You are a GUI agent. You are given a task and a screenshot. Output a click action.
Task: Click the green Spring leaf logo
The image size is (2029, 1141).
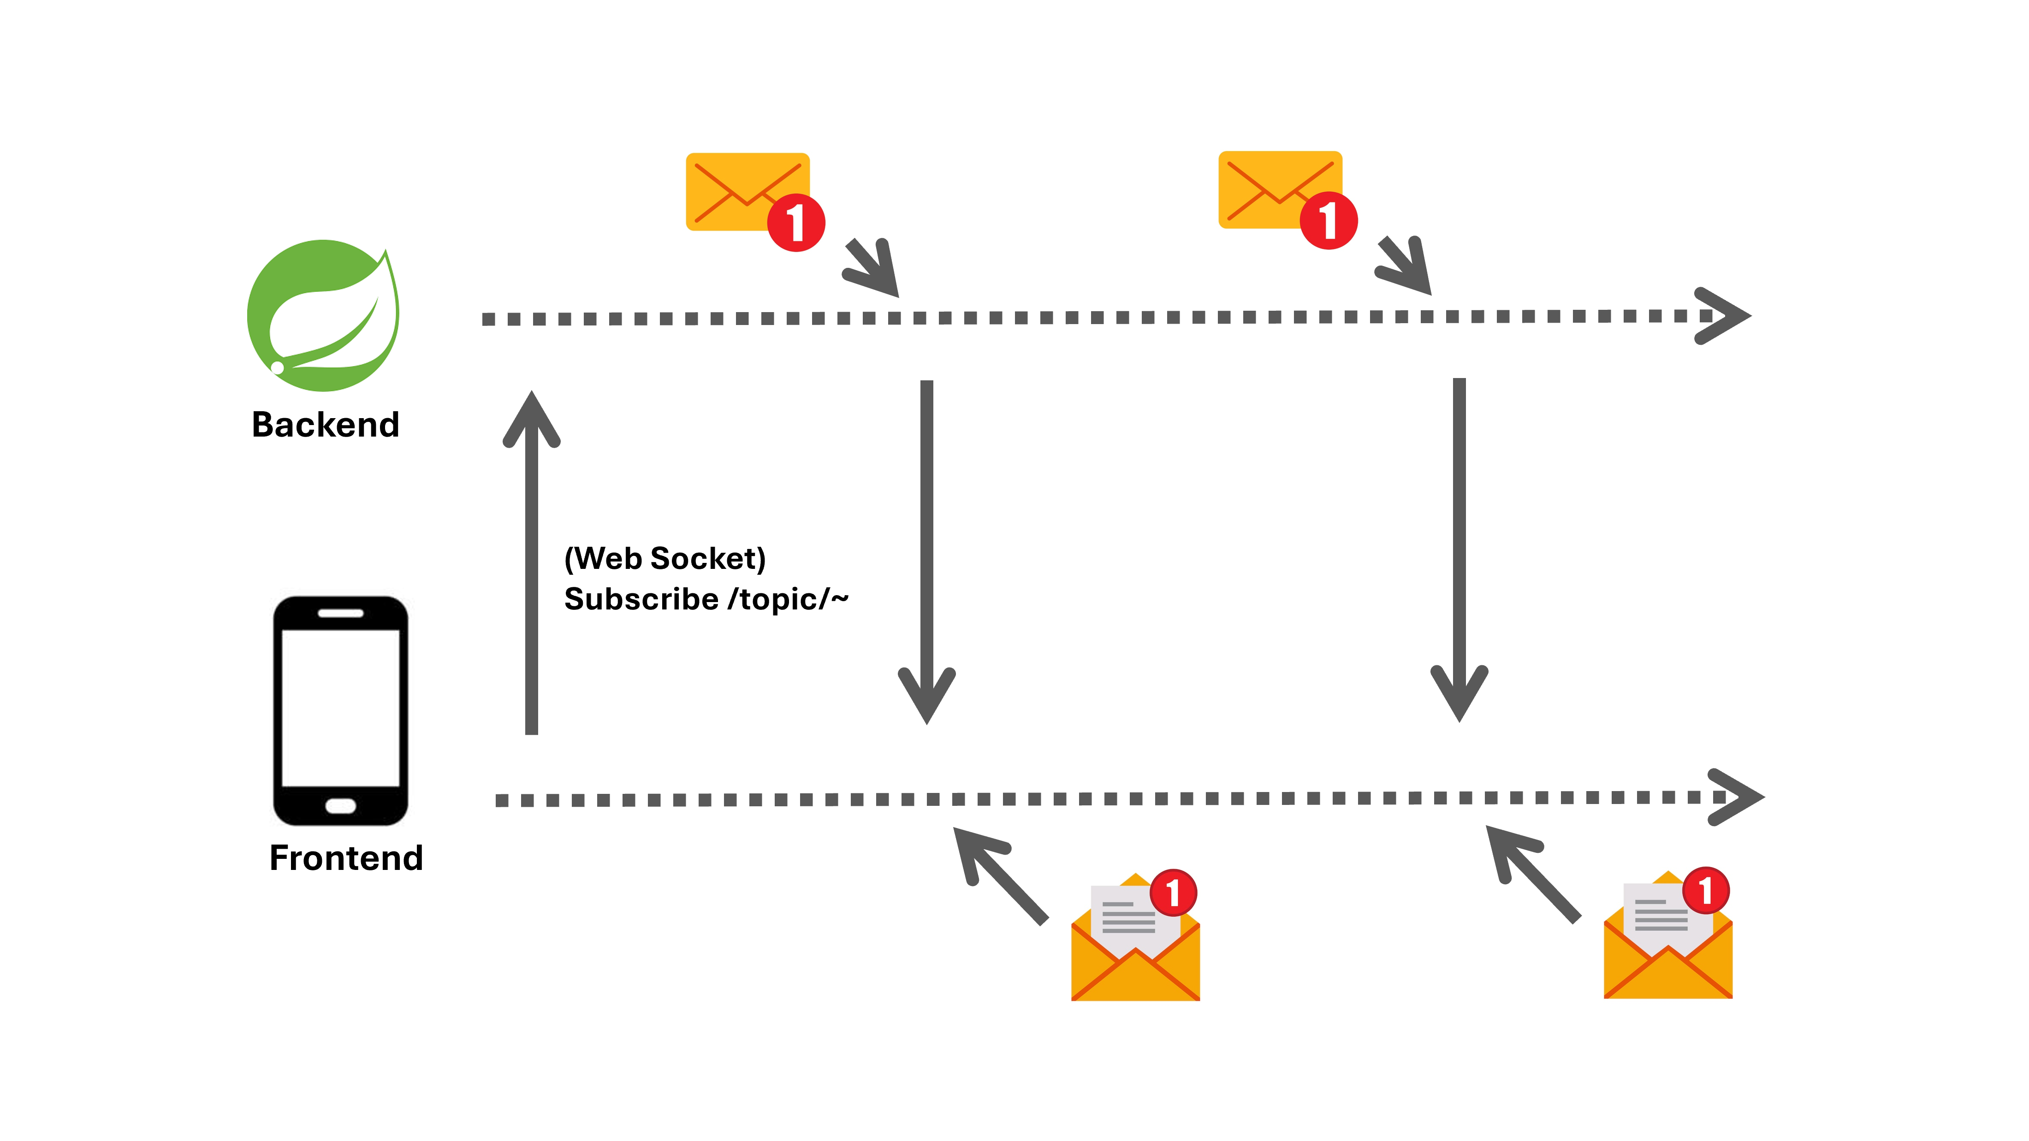click(323, 316)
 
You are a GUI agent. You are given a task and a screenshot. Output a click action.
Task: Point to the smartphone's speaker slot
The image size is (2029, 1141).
click(340, 613)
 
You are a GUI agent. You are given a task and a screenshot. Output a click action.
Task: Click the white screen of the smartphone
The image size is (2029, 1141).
click(340, 707)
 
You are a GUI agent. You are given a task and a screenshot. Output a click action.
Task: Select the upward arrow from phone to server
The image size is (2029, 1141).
click(532, 563)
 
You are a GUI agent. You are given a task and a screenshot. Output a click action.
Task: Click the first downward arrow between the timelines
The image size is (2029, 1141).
click(927, 551)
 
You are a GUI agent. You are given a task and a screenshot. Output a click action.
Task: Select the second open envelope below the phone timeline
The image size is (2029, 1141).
click(1668, 943)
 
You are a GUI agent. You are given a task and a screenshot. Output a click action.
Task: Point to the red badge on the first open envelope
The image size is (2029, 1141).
click(1173, 892)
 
